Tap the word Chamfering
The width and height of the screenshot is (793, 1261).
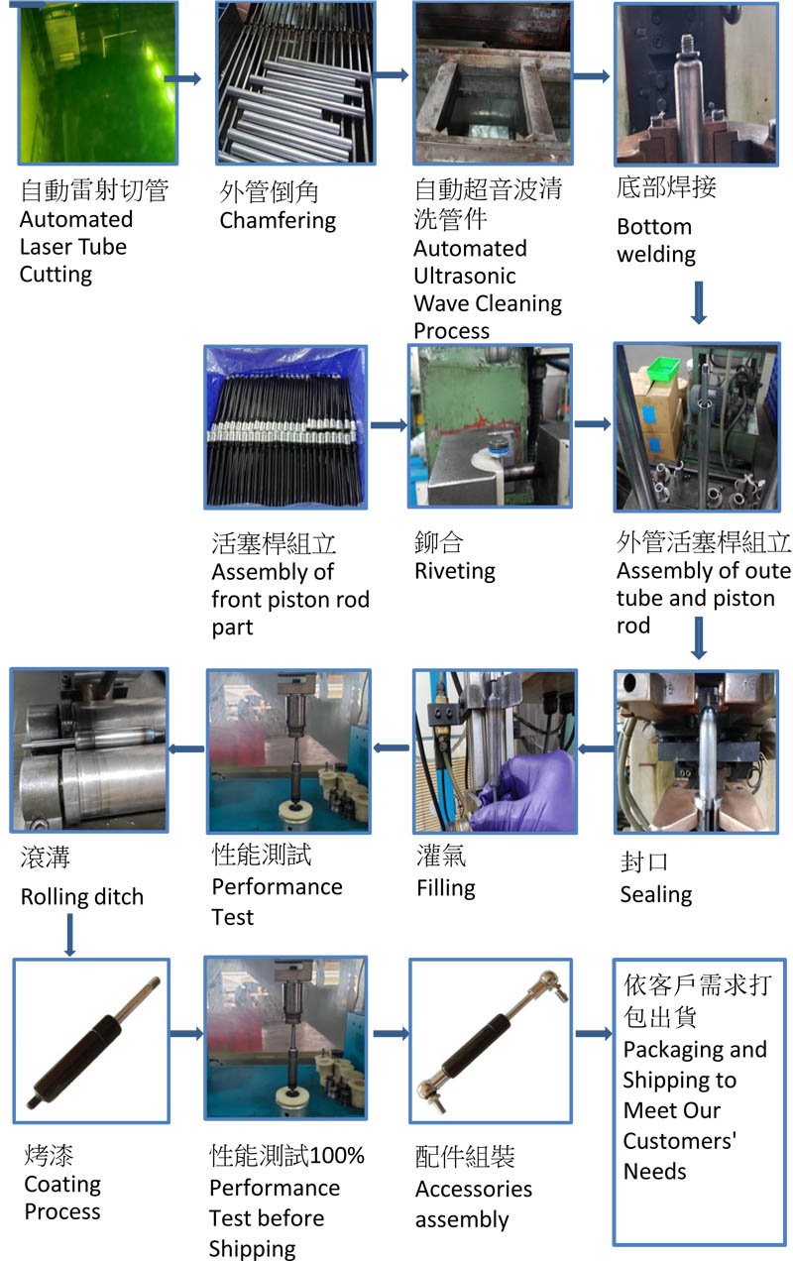278,220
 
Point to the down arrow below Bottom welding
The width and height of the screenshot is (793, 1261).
698,302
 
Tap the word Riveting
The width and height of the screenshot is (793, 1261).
455,571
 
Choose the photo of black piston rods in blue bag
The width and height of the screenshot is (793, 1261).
285,425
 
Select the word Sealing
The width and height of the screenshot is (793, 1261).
656,894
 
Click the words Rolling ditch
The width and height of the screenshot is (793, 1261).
82,897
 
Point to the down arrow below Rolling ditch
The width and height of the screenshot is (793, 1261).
70,935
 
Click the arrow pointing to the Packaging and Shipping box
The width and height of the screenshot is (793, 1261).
593,1033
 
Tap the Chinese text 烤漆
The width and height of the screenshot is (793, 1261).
49,1156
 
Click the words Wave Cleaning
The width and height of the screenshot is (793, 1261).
487,303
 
